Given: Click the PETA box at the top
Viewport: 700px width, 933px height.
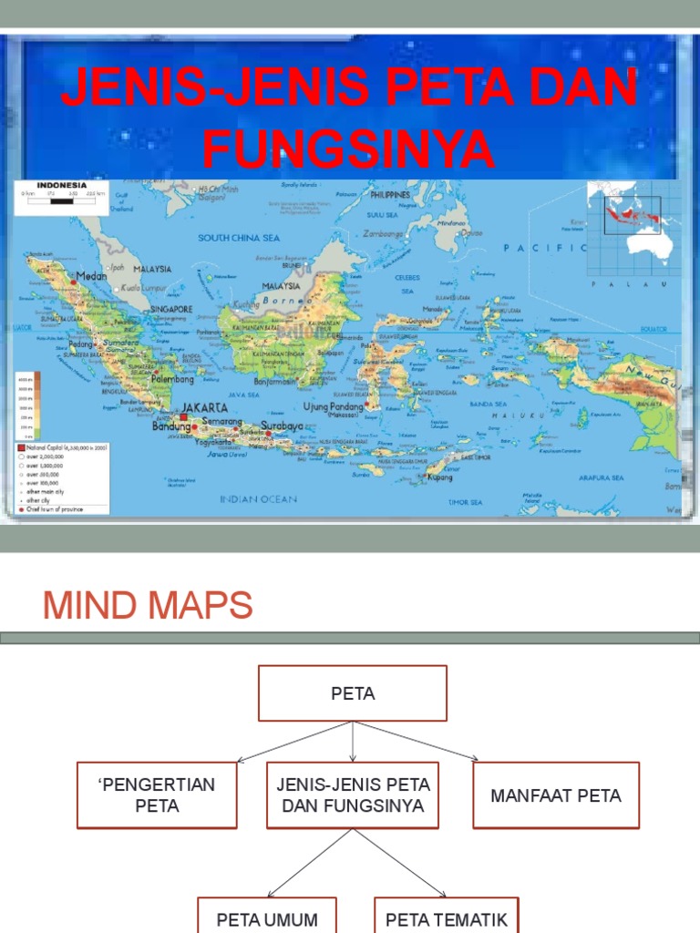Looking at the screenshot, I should click(353, 693).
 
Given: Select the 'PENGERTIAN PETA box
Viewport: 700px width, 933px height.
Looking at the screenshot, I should click(157, 795).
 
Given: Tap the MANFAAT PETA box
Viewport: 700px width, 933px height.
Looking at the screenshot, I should click(556, 795).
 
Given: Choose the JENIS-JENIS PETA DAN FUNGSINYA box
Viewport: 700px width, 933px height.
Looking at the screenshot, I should click(353, 795).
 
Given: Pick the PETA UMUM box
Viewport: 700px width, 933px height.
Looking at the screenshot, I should click(267, 918).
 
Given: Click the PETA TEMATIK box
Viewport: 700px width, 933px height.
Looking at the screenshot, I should click(447, 918).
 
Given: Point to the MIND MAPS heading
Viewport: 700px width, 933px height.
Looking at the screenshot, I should click(149, 606).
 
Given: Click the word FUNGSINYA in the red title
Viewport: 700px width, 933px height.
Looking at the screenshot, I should click(349, 149).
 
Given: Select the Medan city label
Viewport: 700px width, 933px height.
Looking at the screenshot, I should click(91, 275).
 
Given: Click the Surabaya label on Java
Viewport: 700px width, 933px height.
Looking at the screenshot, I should click(282, 425).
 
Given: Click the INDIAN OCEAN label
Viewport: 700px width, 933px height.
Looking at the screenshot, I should click(258, 499).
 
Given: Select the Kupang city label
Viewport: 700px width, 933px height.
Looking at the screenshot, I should click(441, 477).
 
